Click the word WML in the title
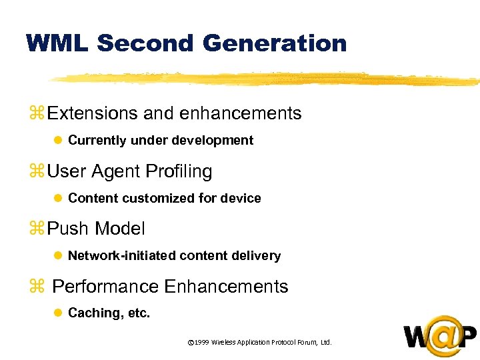pos(58,43)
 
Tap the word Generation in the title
pos(275,43)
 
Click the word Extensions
pos(93,114)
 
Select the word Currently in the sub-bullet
pos(97,141)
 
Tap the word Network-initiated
pos(121,256)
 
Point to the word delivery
pos(257,256)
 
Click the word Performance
pos(105,287)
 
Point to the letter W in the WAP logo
pos(416,337)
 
